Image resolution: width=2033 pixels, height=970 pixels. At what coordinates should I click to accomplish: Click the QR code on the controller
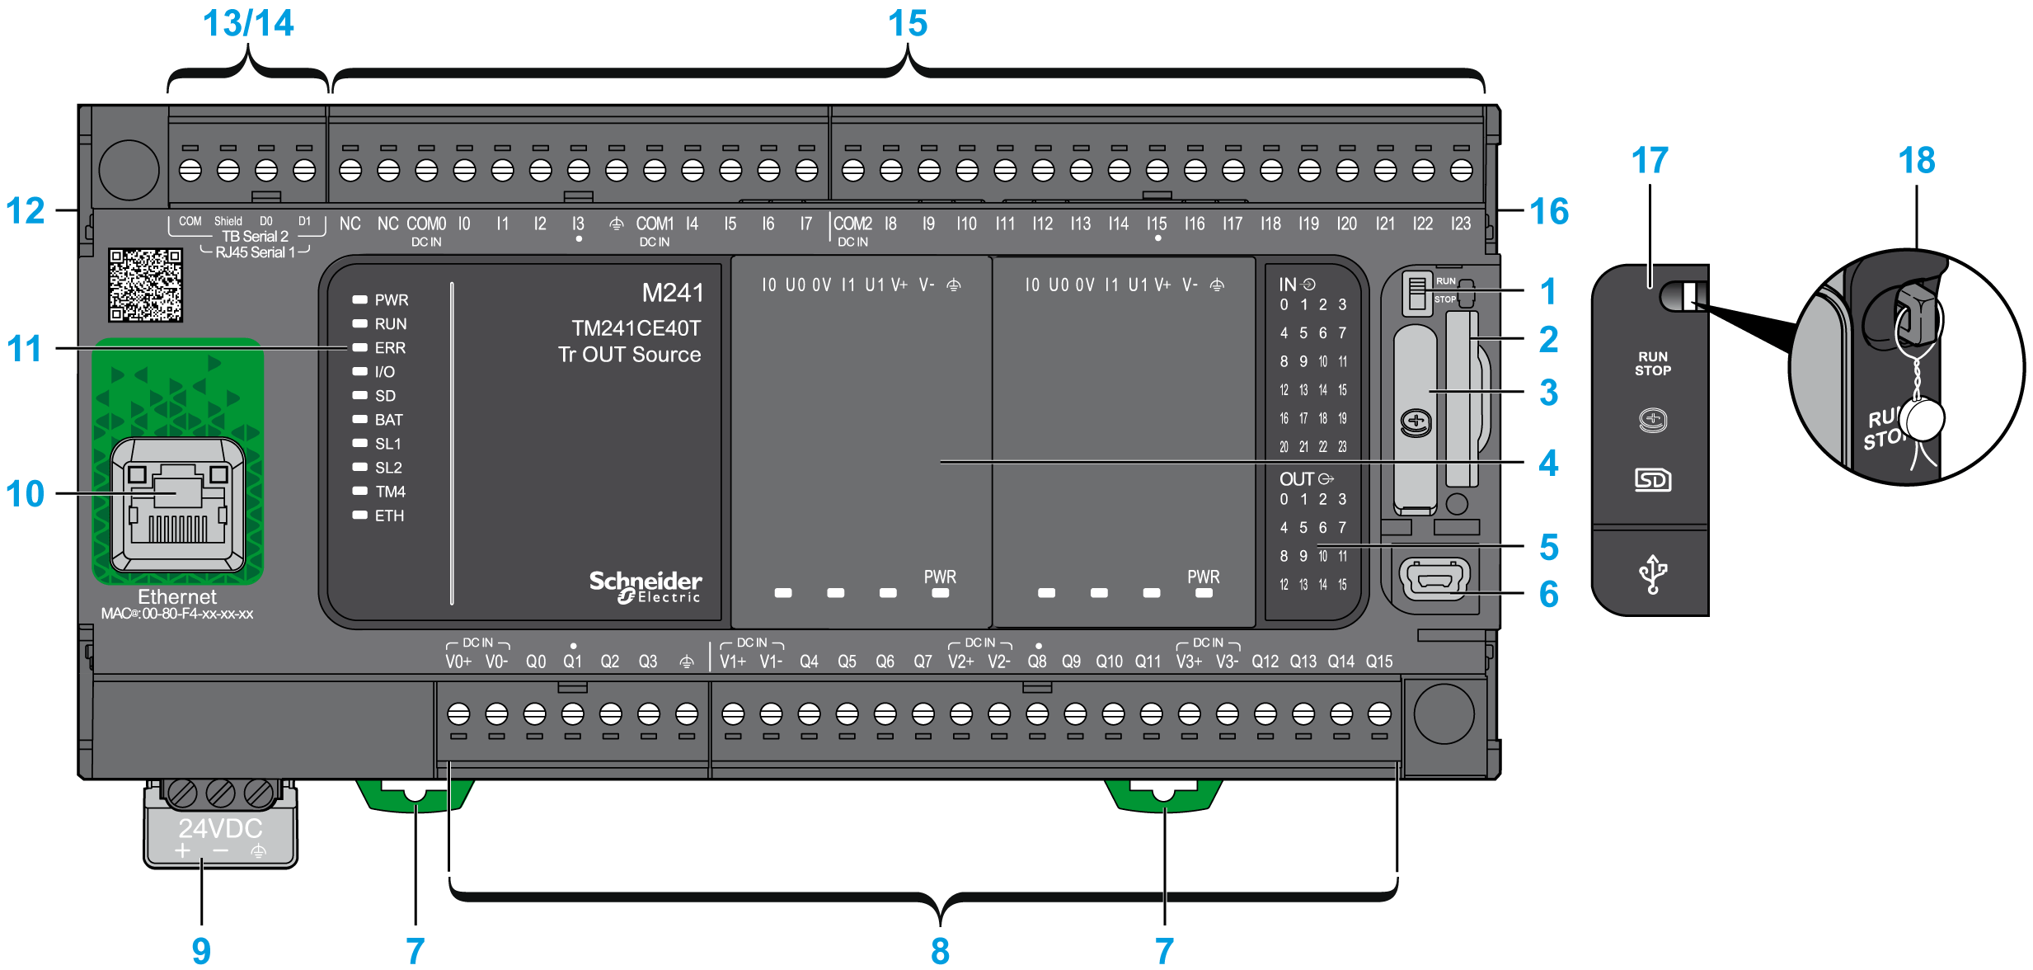[x=145, y=285]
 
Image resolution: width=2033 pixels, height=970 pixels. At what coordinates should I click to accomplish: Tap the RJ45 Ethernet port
[x=177, y=504]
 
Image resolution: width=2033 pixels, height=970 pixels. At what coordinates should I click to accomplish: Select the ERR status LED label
[x=390, y=348]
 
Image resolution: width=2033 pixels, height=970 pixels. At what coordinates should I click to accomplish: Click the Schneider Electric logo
[x=645, y=586]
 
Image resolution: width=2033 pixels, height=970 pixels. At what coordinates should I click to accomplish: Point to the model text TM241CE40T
[x=636, y=328]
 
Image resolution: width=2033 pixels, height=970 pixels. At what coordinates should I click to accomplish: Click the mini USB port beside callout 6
[x=1434, y=578]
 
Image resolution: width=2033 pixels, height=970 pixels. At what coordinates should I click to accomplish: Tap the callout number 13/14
[x=248, y=23]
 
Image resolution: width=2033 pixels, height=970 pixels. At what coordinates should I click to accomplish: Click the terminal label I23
[x=1460, y=224]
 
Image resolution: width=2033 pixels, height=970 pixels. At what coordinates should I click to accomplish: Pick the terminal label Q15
[x=1378, y=662]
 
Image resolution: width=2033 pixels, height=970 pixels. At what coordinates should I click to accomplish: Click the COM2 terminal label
[x=852, y=224]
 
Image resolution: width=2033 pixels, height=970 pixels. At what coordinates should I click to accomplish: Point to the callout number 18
[x=1916, y=160]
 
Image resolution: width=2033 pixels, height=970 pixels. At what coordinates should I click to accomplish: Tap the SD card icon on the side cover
[x=1652, y=479]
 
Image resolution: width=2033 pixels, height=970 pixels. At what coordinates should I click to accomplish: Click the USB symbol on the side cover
[x=1652, y=573]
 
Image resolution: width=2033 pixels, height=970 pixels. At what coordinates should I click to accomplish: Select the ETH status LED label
[x=389, y=516]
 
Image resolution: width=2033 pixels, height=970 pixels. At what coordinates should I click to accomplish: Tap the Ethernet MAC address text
[x=177, y=614]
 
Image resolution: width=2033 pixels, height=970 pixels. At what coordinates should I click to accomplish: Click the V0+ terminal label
[x=458, y=662]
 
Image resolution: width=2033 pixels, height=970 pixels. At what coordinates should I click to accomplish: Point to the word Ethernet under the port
[x=177, y=596]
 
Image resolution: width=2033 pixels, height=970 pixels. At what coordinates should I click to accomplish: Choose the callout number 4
[x=1548, y=463]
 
